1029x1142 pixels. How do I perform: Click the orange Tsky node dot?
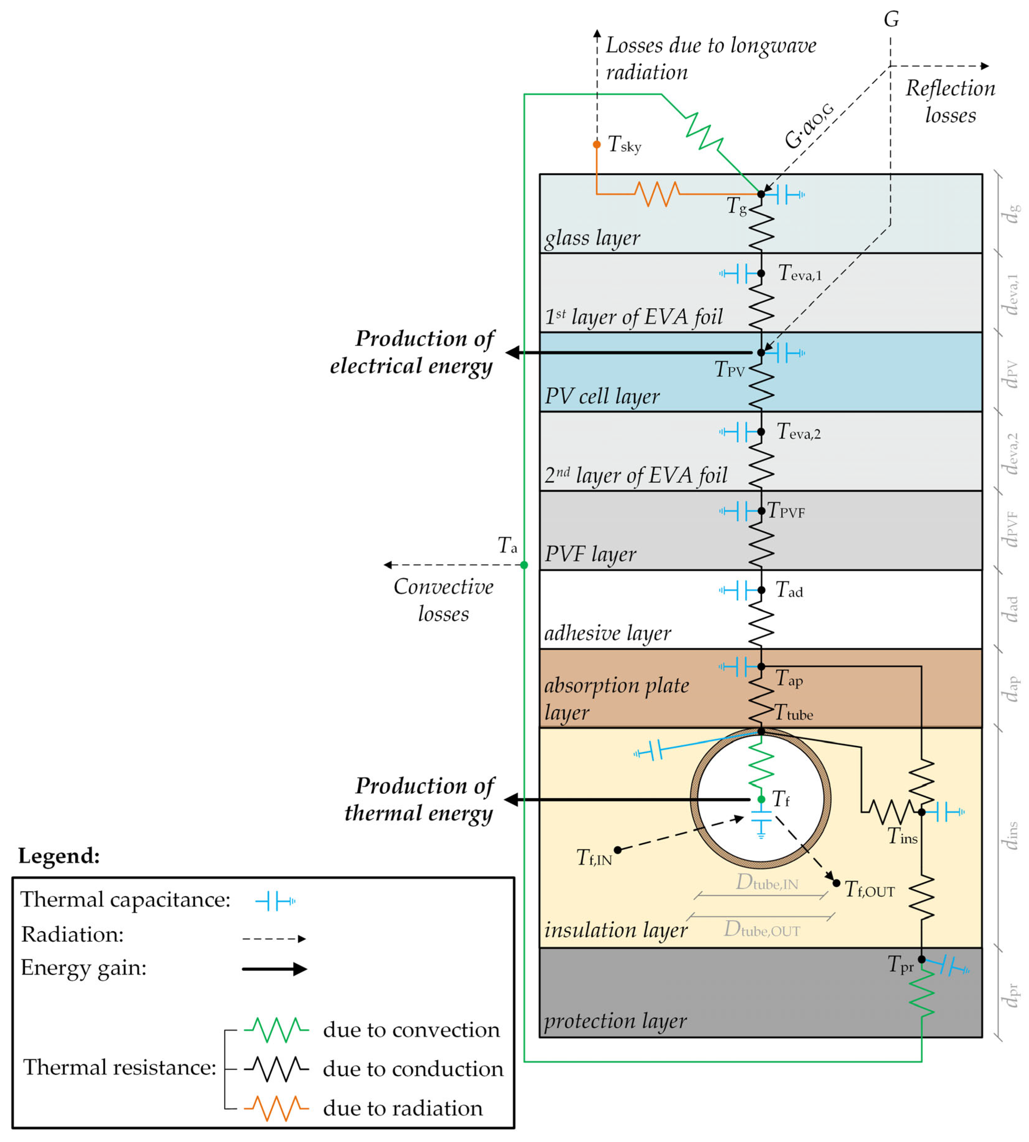(597, 144)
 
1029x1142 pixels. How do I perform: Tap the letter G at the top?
(891, 20)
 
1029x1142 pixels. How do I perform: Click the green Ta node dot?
(524, 565)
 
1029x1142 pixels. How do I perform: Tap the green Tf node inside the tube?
(761, 799)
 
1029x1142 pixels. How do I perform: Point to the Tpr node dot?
(922, 959)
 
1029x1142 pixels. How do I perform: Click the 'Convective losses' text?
(443, 600)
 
